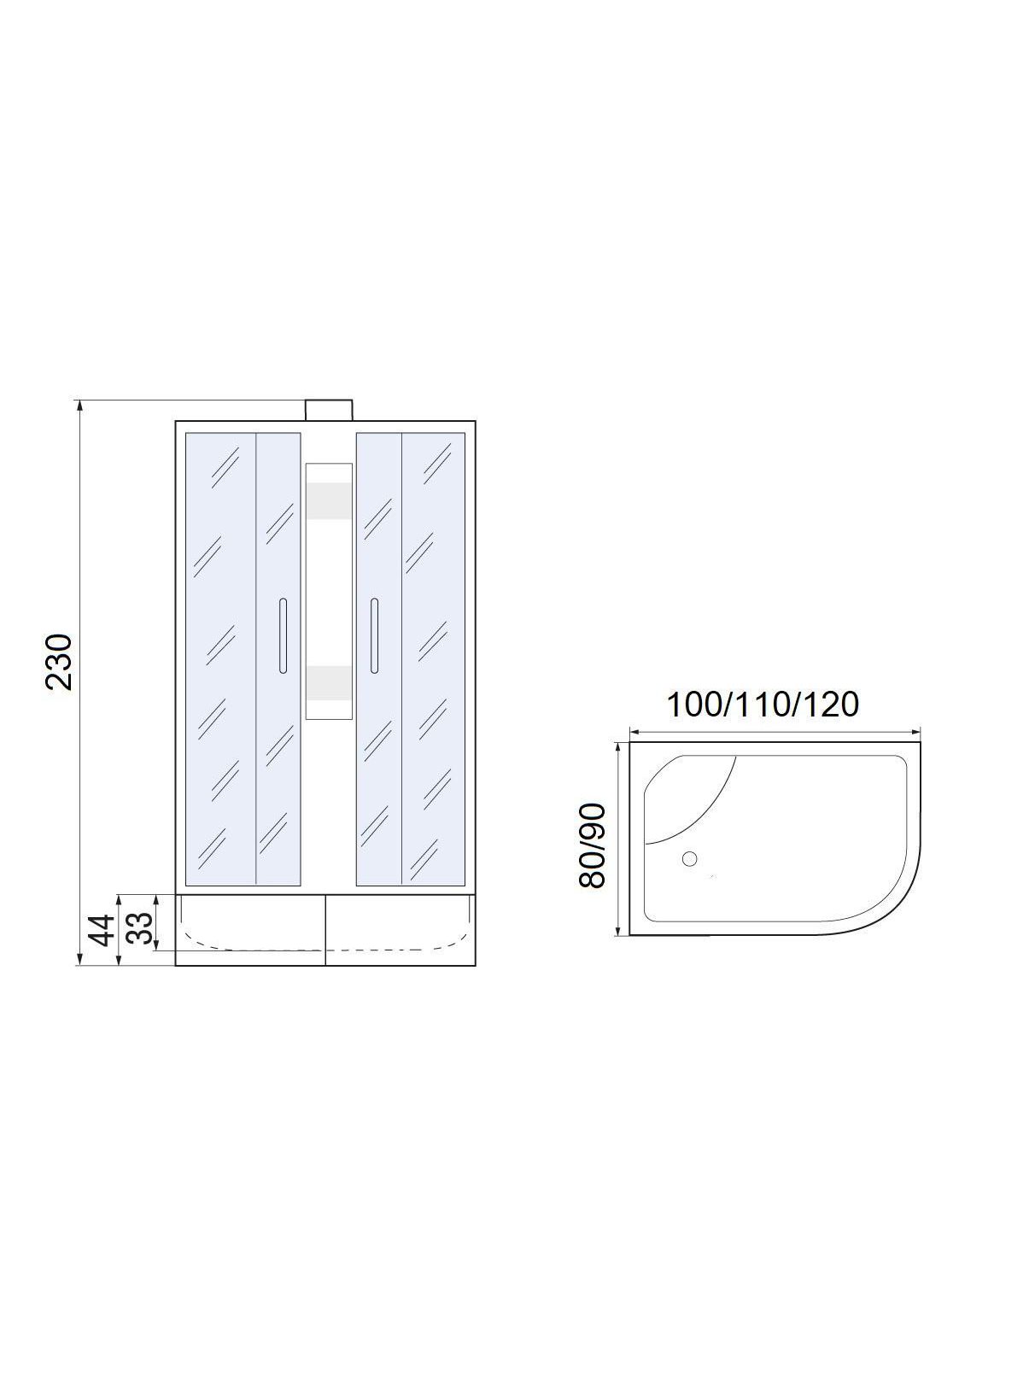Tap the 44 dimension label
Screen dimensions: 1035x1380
click(x=102, y=930)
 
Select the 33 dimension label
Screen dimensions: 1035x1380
click(x=139, y=928)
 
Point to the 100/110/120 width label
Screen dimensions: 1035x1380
click(x=762, y=705)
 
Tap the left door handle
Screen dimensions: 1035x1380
click(x=283, y=636)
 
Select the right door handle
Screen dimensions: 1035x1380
click(x=375, y=636)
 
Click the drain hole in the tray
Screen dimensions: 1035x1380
click(x=689, y=859)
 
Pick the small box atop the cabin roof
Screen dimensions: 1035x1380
click(x=329, y=411)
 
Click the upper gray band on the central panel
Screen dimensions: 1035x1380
click(x=329, y=501)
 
